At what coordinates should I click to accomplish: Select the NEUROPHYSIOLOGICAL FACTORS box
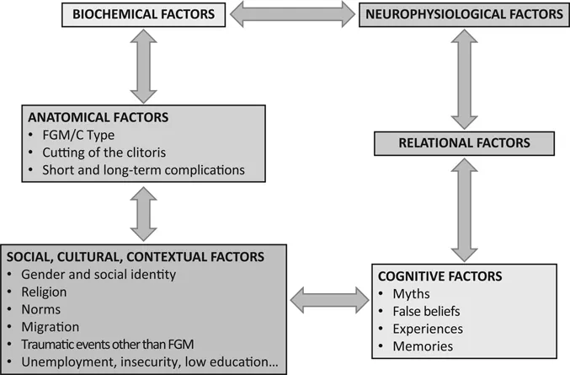point(460,13)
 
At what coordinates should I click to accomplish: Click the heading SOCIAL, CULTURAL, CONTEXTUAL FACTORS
point(134,256)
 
